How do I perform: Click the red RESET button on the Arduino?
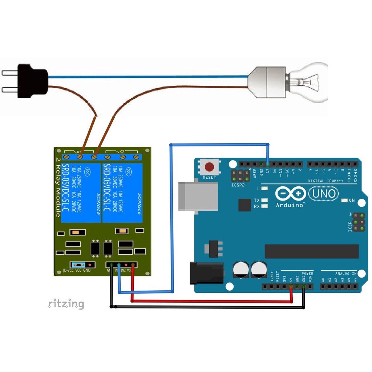coord(209,167)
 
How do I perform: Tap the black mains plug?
coord(33,81)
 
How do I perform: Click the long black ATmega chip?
coord(311,251)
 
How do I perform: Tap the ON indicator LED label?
coord(351,201)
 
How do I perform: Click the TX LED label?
coord(257,201)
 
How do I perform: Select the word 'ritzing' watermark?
coord(66,304)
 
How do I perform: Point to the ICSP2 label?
coord(238,185)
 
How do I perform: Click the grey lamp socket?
coord(267,82)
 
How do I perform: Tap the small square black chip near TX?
coord(245,205)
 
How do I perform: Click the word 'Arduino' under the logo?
coord(290,205)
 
